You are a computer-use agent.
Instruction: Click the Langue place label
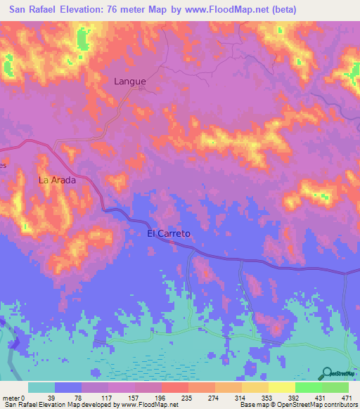pyautogui.click(x=130, y=81)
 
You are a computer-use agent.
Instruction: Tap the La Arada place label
pyautogui.click(x=57, y=180)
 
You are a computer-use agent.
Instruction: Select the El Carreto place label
pyautogui.click(x=169, y=233)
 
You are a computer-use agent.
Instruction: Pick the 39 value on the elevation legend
pyautogui.click(x=55, y=398)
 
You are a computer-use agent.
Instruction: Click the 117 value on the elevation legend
pyautogui.click(x=109, y=398)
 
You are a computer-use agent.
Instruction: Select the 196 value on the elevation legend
pyautogui.click(x=163, y=398)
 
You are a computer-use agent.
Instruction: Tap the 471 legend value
pyautogui.click(x=346, y=398)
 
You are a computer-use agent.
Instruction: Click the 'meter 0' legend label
pyautogui.click(x=14, y=398)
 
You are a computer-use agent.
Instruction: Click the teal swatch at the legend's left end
pyautogui.click(x=41, y=387)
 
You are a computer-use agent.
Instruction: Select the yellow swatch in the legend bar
pyautogui.click(x=281, y=387)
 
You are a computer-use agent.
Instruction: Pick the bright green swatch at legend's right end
pyautogui.click(x=335, y=387)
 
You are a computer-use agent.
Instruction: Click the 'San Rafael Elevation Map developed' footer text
pyautogui.click(x=56, y=405)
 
